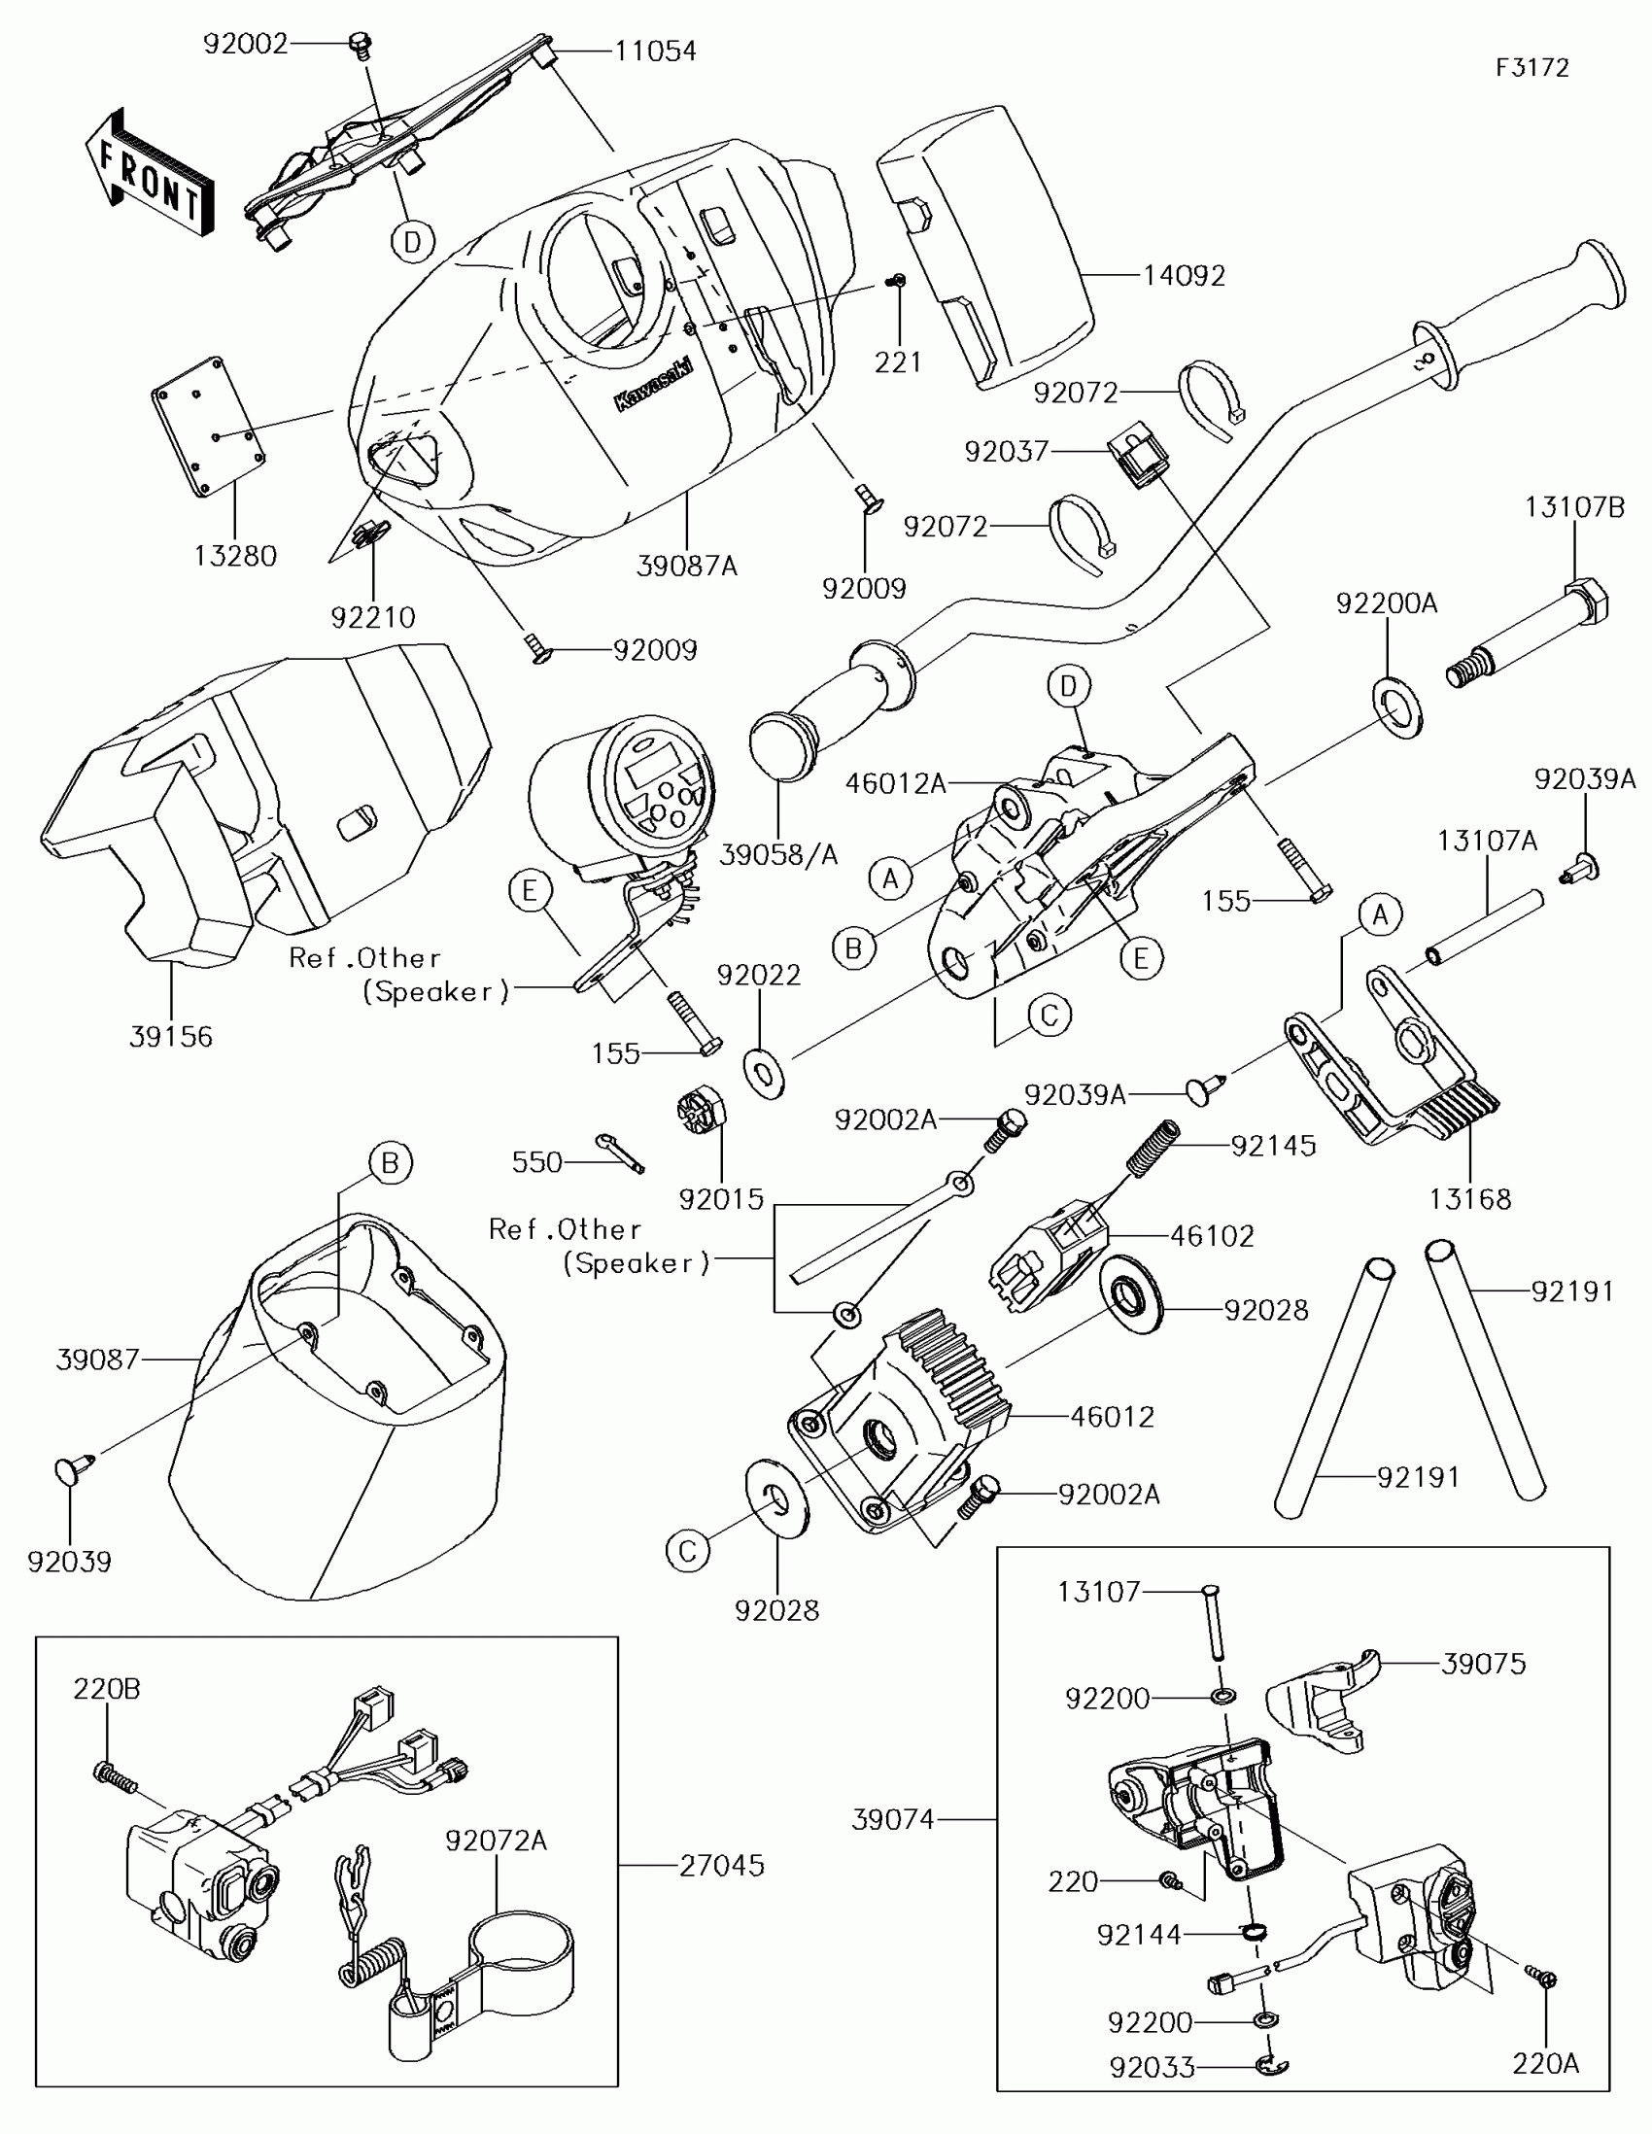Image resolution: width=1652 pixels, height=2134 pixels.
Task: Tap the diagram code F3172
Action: [x=1532, y=67]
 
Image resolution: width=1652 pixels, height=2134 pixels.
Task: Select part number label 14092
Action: [x=1184, y=277]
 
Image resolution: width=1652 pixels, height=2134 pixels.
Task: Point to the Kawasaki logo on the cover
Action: [x=653, y=384]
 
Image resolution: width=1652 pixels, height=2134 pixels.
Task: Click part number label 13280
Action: [x=235, y=556]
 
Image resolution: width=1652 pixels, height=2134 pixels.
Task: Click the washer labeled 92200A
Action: [x=1398, y=705]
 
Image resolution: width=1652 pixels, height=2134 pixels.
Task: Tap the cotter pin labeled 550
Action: [x=619, y=1153]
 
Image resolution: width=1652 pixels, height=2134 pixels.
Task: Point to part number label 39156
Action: [x=171, y=1037]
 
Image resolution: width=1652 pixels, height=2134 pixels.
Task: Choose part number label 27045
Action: [x=722, y=1865]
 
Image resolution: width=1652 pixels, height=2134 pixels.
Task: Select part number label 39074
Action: [x=893, y=1819]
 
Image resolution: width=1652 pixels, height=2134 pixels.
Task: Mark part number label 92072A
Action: [x=496, y=1841]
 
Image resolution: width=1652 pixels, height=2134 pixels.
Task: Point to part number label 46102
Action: [x=1212, y=1236]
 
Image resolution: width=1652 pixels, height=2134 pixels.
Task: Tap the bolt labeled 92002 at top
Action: [x=361, y=45]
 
